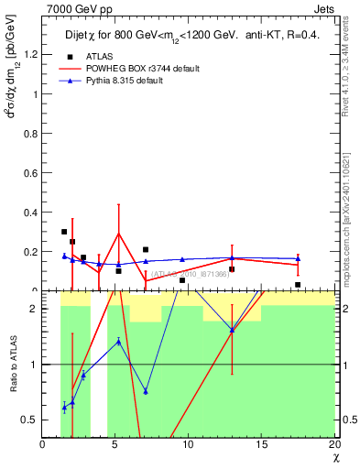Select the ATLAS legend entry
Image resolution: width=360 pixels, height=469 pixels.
point(86,55)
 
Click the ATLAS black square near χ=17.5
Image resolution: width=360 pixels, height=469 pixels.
point(298,285)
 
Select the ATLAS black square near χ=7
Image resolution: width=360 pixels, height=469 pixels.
point(146,249)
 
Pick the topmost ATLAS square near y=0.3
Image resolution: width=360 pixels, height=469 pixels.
point(64,232)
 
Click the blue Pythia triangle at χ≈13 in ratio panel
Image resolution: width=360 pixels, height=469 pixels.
point(232,330)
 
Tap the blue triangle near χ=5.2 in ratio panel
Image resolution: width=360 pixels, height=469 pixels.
point(119,342)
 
